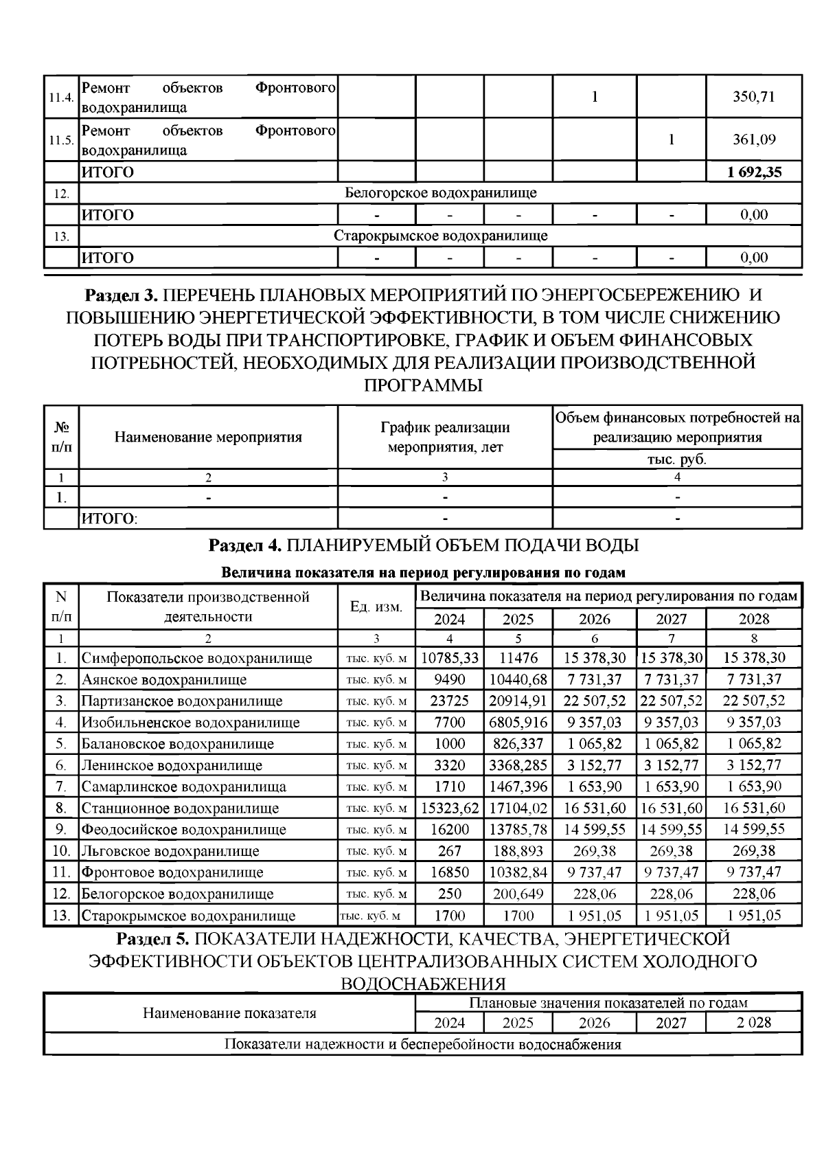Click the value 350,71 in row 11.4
pyautogui.click(x=754, y=97)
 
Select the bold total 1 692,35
pyautogui.click(x=754, y=172)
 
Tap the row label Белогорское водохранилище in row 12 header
pyautogui.click(x=440, y=193)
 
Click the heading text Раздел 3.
pyautogui.click(x=122, y=295)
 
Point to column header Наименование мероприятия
pyautogui.click(x=208, y=437)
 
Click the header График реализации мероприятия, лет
pyautogui.click(x=445, y=437)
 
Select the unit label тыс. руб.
pyautogui.click(x=677, y=460)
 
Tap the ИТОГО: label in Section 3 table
pyautogui.click(x=109, y=519)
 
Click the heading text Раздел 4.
pyautogui.click(x=245, y=545)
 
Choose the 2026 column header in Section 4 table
pyautogui.click(x=594, y=619)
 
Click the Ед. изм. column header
pyautogui.click(x=376, y=607)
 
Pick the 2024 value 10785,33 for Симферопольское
pyautogui.click(x=449, y=658)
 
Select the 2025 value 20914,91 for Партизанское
pyautogui.click(x=518, y=701)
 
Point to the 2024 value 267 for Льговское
pyautogui.click(x=449, y=851)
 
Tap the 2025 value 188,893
pyautogui.click(x=518, y=851)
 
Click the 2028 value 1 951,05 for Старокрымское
pyautogui.click(x=754, y=915)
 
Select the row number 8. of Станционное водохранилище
pyautogui.click(x=61, y=808)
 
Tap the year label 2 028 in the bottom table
pyautogui.click(x=754, y=1022)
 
